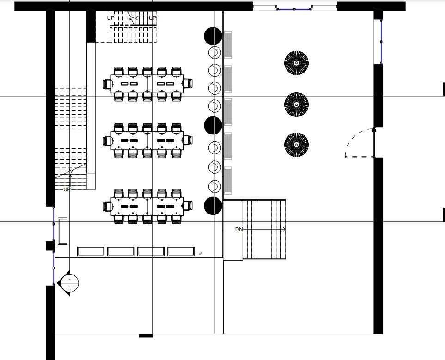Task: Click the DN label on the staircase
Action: [239, 229]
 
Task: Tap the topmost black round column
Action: [213, 36]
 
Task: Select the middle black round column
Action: [213, 125]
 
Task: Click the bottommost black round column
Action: [213, 206]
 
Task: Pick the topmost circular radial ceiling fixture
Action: [296, 62]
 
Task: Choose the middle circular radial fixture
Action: [296, 104]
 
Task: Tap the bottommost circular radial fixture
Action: [296, 144]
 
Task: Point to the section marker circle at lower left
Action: [70, 282]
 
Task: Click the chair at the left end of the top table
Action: [108, 84]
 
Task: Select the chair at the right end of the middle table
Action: [188, 140]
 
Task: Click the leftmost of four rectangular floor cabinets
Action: [91, 251]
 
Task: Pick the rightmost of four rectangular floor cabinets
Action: [181, 251]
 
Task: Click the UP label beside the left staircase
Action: [67, 189]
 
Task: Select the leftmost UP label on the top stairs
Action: [110, 18]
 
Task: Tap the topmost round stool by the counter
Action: [214, 52]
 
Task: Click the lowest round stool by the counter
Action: [214, 186]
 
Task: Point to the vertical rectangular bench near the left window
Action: [62, 231]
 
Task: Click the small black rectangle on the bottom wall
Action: [146, 336]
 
